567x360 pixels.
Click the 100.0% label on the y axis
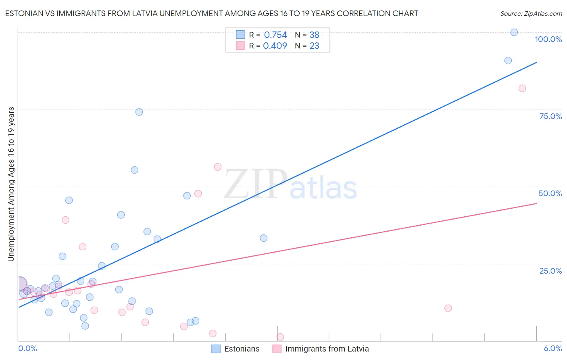[548, 39]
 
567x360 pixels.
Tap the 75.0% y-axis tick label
[550, 116]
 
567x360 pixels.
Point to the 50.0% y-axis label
[550, 193]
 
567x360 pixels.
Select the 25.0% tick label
[550, 271]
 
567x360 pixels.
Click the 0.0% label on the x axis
[27, 348]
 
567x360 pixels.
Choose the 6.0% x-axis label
[553, 348]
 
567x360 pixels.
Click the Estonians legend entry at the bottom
[242, 349]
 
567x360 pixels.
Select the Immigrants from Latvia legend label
[327, 349]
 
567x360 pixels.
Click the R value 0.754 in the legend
[275, 35]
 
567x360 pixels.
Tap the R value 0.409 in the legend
[275, 46]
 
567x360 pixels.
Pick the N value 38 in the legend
[314, 35]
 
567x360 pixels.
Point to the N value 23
[314, 46]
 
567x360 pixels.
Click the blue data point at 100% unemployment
[514, 32]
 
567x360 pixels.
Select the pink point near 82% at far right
[522, 88]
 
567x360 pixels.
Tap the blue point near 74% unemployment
[139, 112]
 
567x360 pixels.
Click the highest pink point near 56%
[218, 167]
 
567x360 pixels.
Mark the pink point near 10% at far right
[448, 308]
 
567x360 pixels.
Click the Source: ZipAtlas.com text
[531, 13]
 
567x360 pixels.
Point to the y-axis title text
[11, 184]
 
